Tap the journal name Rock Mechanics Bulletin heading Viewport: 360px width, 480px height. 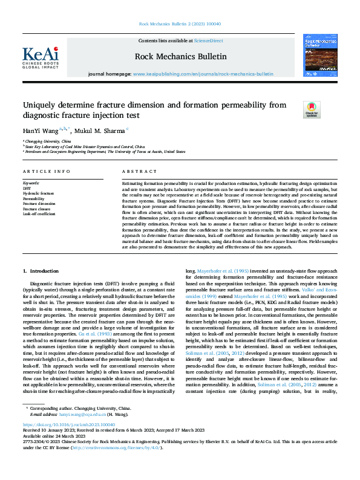[181, 56]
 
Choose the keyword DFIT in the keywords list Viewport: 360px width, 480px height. [27, 188]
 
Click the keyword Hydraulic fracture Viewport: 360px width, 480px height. [38, 193]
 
